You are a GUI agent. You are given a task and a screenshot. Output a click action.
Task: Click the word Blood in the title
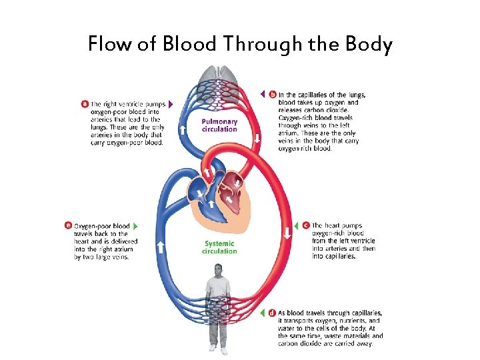[187, 45]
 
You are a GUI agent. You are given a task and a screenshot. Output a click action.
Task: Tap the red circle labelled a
[85, 103]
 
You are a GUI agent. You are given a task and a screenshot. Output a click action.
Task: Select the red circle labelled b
[272, 95]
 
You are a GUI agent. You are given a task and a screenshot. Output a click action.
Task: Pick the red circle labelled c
[305, 225]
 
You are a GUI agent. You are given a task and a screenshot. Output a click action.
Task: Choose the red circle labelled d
[272, 312]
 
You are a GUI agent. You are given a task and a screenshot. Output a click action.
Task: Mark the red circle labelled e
[68, 226]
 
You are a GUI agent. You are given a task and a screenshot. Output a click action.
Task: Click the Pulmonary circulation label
[219, 125]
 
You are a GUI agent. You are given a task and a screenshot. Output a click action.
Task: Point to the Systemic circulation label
[219, 247]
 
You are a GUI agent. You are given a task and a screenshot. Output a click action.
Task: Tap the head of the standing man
[218, 269]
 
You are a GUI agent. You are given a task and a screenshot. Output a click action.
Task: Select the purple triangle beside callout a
[171, 104]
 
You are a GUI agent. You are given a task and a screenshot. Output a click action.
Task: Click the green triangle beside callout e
[135, 226]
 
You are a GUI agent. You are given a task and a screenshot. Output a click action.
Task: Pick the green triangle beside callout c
[297, 225]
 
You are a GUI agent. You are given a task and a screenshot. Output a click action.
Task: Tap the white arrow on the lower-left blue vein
[160, 247]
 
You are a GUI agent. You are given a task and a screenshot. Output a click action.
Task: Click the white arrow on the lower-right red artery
[287, 233]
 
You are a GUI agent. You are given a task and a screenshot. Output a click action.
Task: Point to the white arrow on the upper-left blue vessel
[181, 128]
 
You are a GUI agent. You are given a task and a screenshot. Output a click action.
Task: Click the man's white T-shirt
[218, 287]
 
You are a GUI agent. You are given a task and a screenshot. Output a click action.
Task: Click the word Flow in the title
[112, 45]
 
